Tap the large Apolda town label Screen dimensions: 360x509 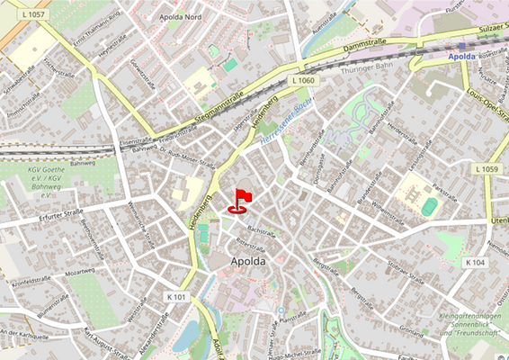click(x=248, y=262)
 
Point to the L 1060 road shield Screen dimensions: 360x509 click(x=304, y=81)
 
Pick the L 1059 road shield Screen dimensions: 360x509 click(x=485, y=169)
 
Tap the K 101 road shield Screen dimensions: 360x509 click(x=177, y=296)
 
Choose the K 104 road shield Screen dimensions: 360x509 click(x=475, y=262)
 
